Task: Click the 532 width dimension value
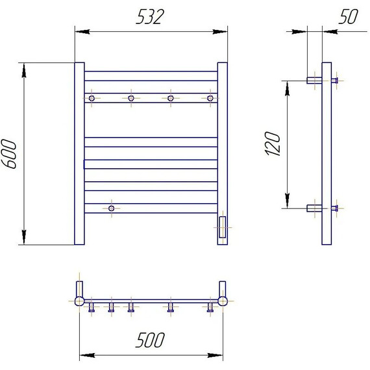click(149, 17)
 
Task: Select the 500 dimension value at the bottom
click(150, 339)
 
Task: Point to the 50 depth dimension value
click(349, 16)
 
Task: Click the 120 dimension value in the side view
click(273, 143)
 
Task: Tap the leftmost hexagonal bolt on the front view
click(92, 98)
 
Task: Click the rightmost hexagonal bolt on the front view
click(210, 98)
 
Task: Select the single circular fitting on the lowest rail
click(112, 208)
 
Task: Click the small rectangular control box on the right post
click(222, 227)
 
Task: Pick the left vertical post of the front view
click(80, 154)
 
